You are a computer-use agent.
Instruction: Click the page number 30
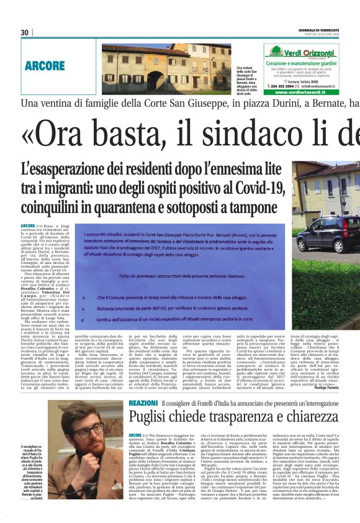[x=25, y=32]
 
